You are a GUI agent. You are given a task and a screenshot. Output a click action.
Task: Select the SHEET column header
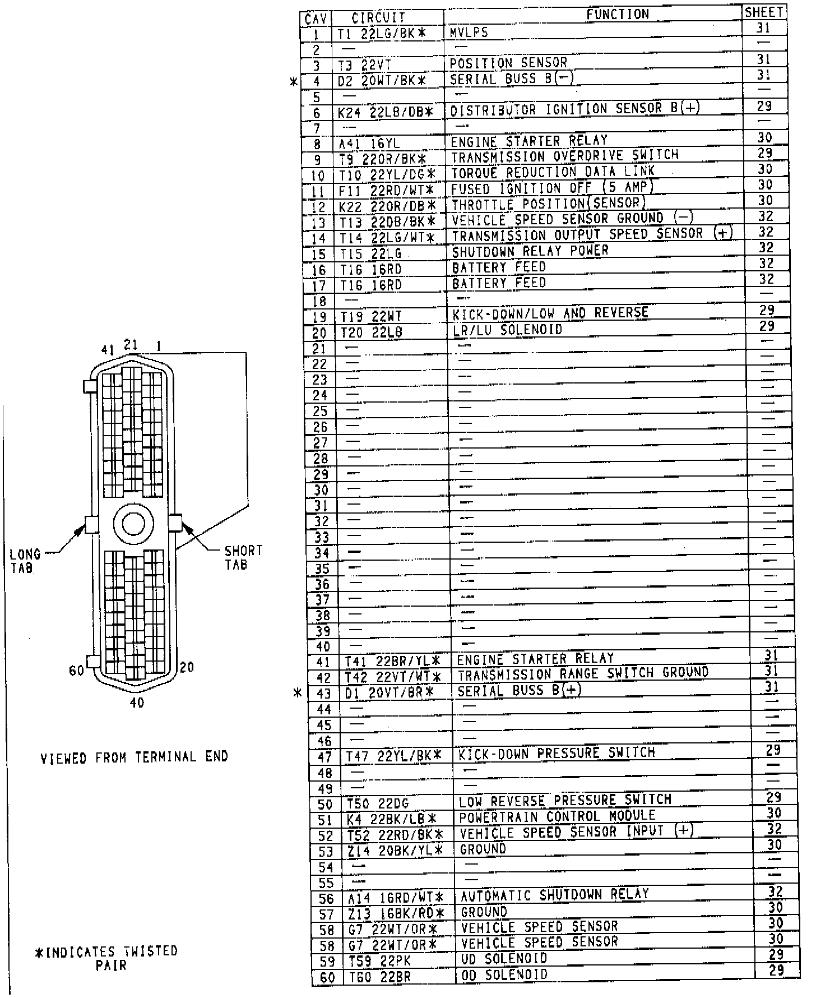pyautogui.click(x=764, y=12)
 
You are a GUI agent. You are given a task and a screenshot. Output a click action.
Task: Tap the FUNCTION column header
pyautogui.click(x=618, y=15)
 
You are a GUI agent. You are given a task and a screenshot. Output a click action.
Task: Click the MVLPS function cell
pyautogui.click(x=469, y=33)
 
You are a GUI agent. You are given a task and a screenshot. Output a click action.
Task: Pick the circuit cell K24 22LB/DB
pyautogui.click(x=386, y=113)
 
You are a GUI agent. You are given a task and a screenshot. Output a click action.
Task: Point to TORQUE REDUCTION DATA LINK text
pyautogui.click(x=553, y=172)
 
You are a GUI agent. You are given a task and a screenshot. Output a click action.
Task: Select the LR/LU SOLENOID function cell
pyautogui.click(x=507, y=330)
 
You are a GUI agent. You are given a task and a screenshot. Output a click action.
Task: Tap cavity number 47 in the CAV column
pyautogui.click(x=324, y=757)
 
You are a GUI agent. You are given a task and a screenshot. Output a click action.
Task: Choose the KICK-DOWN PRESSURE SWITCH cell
pyautogui.click(x=557, y=753)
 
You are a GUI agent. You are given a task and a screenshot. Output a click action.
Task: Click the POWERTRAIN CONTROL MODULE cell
pyautogui.click(x=557, y=816)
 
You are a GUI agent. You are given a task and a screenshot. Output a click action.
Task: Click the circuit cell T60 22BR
pyautogui.click(x=380, y=977)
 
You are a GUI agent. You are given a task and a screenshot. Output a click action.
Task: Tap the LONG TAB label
pyautogui.click(x=25, y=561)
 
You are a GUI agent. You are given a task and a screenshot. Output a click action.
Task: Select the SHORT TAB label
pyautogui.click(x=243, y=557)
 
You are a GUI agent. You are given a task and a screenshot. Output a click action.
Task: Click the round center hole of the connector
pyautogui.click(x=133, y=524)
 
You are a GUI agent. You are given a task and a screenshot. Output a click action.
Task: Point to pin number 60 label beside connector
pyautogui.click(x=77, y=671)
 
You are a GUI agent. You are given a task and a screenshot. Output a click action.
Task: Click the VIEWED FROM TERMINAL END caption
pyautogui.click(x=135, y=758)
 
